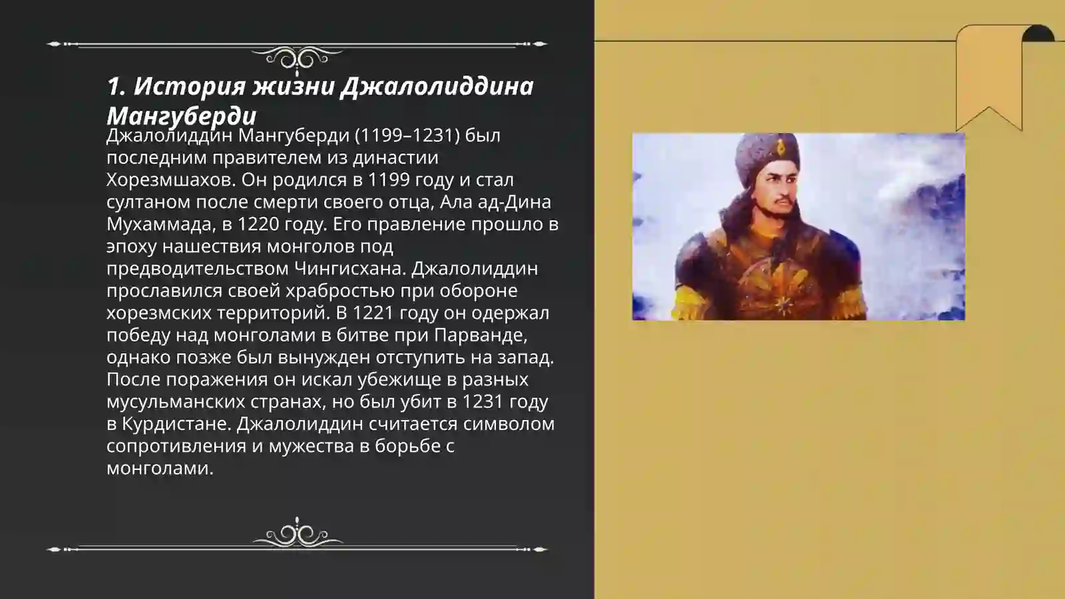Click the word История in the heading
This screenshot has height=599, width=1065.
point(187,86)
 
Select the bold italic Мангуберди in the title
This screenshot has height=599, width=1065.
point(181,116)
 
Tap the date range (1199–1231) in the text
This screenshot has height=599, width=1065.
point(407,135)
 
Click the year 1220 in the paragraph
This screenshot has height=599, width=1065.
point(258,224)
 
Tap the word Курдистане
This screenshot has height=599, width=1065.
point(176,424)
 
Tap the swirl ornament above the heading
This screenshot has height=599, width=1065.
point(297,59)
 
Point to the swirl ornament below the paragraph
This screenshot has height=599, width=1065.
point(297,534)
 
